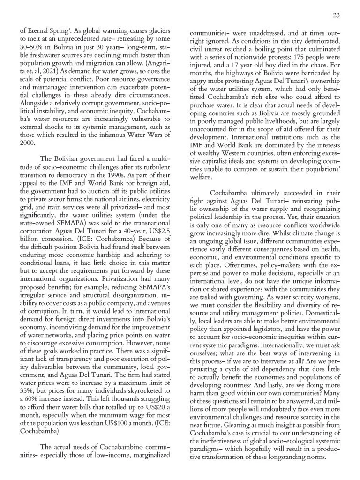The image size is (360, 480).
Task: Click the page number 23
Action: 336,15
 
